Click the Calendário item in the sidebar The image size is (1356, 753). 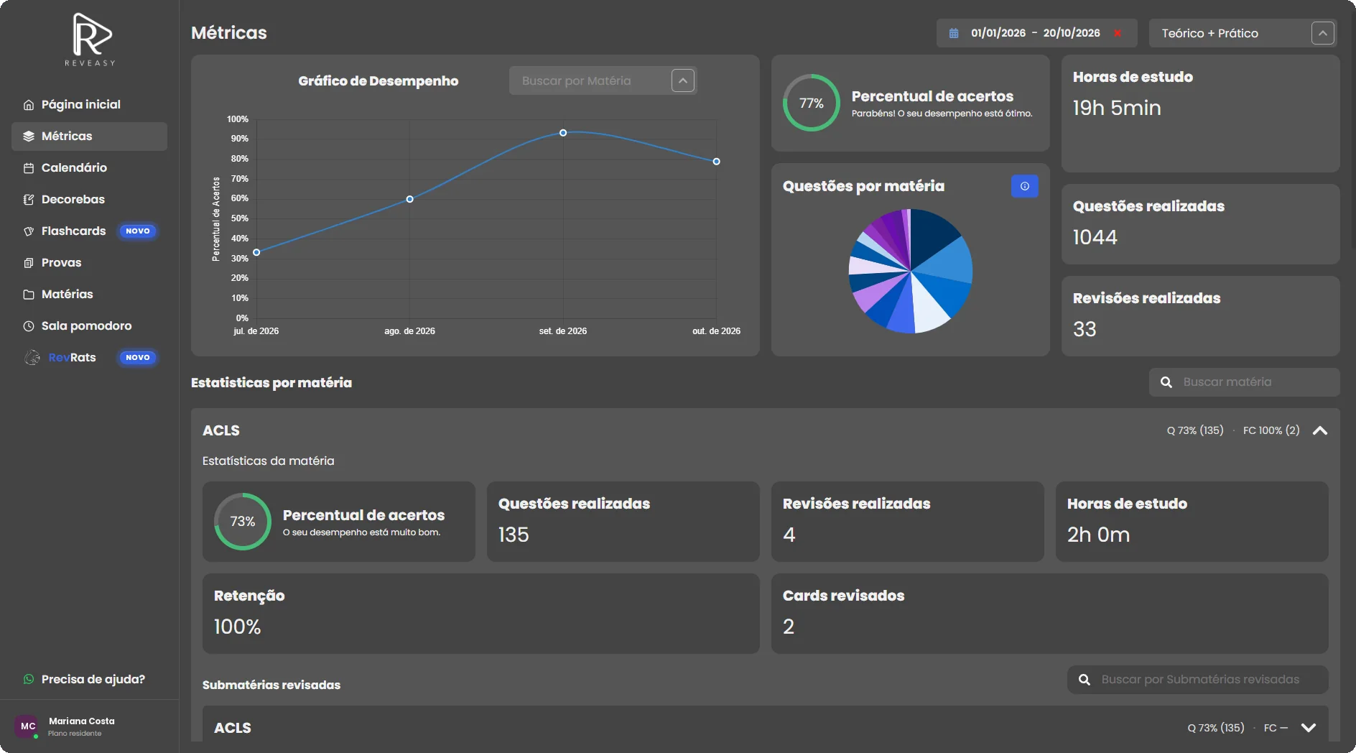click(74, 167)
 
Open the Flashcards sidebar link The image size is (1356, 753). click(73, 231)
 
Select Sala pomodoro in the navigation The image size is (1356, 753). click(86, 325)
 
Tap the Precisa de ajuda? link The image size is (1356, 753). click(93, 679)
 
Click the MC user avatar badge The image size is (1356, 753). click(28, 726)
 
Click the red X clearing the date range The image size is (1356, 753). click(1118, 33)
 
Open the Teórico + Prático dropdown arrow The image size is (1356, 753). click(1322, 33)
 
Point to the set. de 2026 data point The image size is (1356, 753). click(563, 133)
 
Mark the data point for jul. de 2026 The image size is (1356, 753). click(256, 252)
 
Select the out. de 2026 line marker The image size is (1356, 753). click(716, 162)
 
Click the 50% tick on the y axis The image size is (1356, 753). click(240, 218)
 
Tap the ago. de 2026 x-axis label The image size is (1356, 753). click(409, 331)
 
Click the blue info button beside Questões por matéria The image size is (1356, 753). click(1024, 186)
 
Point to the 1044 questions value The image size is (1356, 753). click(1095, 237)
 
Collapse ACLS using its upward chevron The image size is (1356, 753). click(1319, 430)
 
